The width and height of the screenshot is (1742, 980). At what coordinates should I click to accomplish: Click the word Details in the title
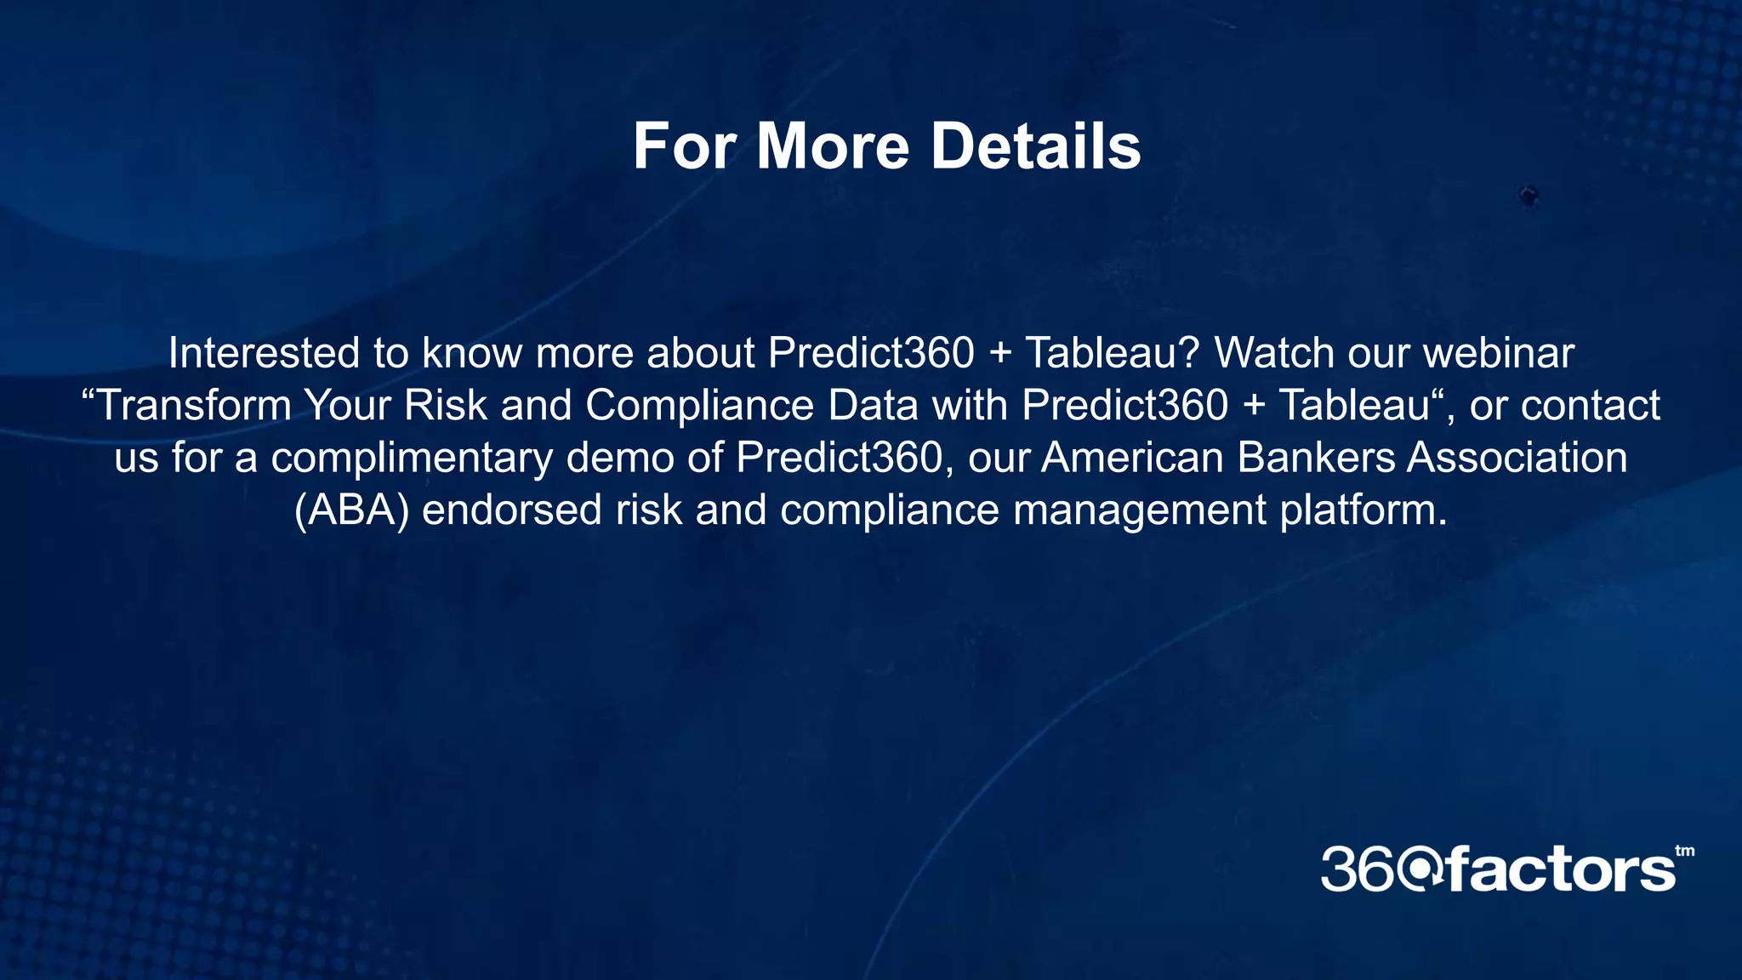tap(1035, 146)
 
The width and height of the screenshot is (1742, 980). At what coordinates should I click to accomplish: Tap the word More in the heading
tap(833, 146)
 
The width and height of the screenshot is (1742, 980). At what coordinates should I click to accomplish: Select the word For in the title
tap(685, 146)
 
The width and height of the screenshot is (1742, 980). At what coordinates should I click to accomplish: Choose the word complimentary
tap(412, 459)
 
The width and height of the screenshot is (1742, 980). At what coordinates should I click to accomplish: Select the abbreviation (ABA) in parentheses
tap(351, 511)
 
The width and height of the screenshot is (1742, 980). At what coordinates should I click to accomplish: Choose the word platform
tap(1363, 511)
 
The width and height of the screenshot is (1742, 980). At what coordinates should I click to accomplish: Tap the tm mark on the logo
tap(1684, 852)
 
